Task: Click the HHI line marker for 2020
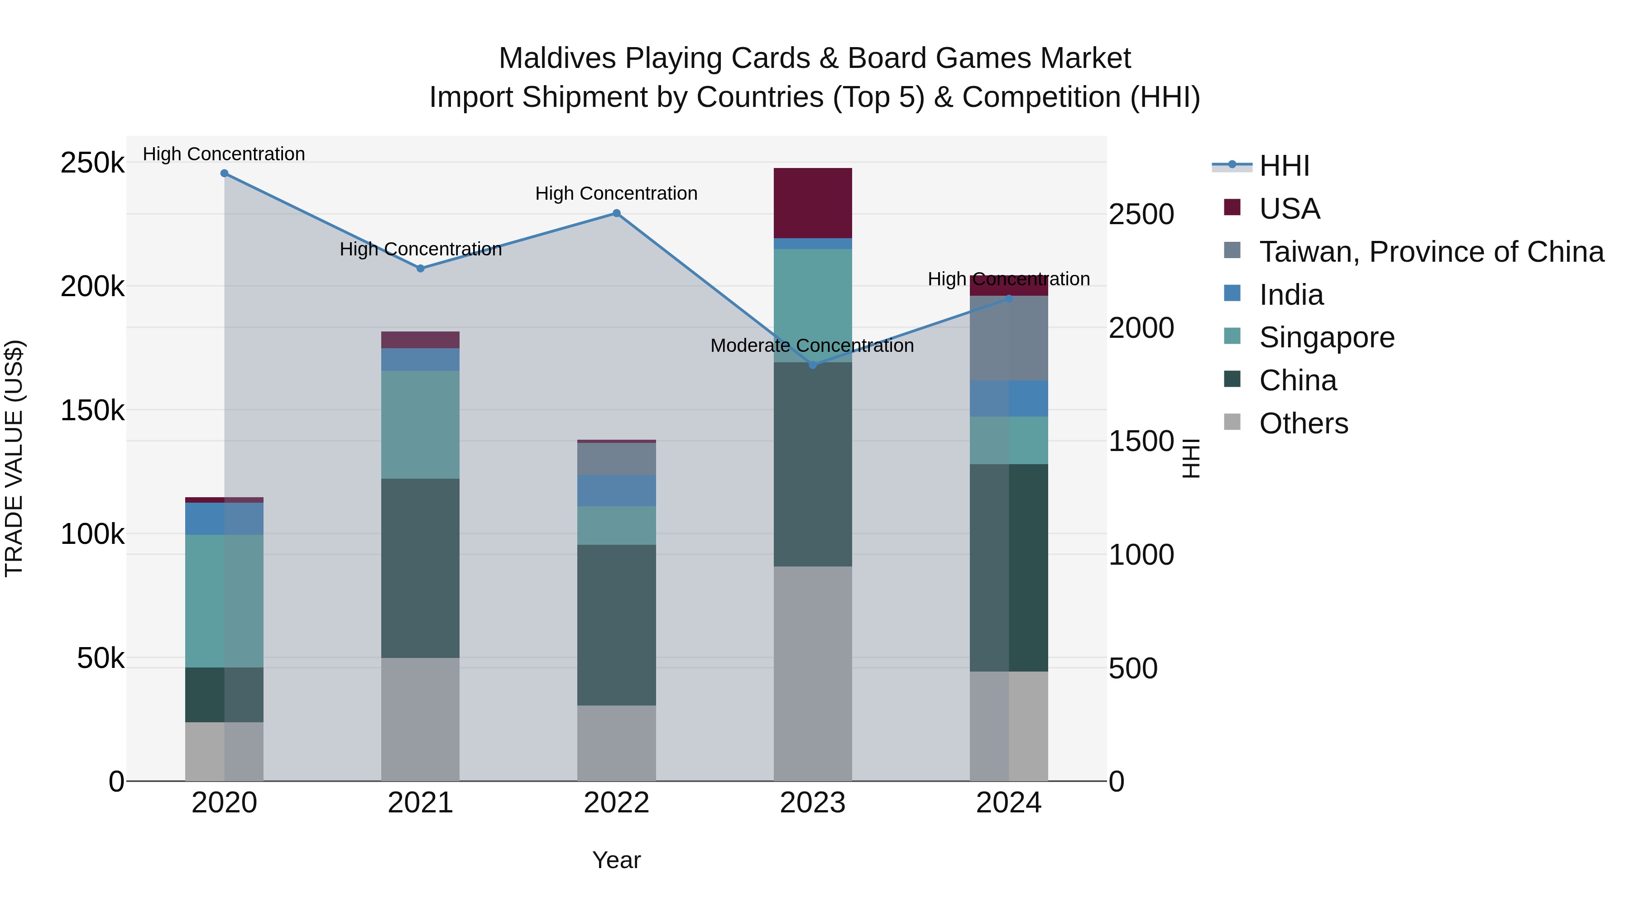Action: pos(224,173)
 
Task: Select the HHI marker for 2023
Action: pos(813,365)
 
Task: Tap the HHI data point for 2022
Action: pos(616,213)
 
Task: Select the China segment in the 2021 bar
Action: pos(420,568)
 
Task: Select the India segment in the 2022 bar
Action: pos(616,490)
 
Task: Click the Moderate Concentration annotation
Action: pos(812,346)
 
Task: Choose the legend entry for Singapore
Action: pos(1326,337)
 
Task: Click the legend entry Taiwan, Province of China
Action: pos(1431,252)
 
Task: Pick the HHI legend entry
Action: pos(1284,166)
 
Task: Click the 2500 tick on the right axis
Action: pos(1141,215)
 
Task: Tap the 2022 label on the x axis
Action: pos(616,803)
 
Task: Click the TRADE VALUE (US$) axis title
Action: pos(14,458)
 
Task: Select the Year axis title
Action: pos(616,860)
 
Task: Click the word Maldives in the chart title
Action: pos(557,58)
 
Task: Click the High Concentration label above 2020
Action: pos(224,154)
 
